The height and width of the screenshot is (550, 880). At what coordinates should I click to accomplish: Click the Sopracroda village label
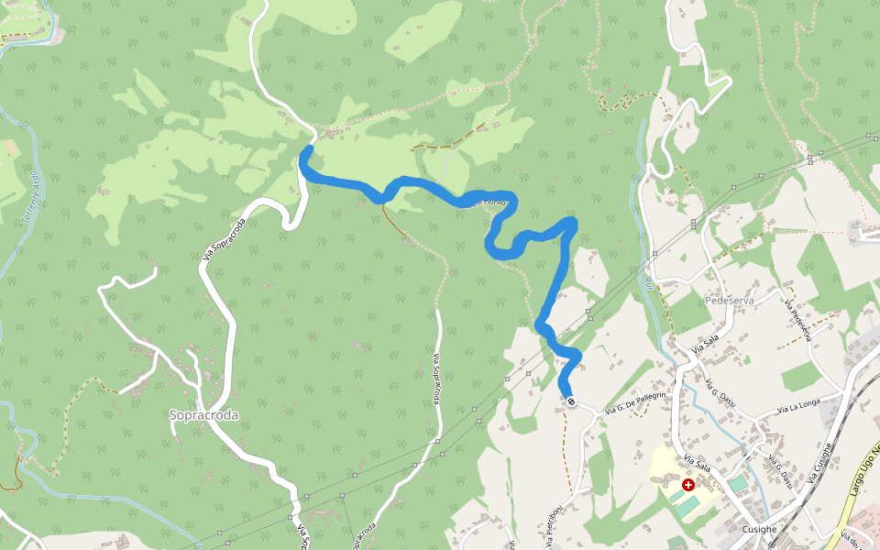[x=203, y=415]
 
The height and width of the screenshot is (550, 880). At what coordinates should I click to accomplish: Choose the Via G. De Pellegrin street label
[x=633, y=404]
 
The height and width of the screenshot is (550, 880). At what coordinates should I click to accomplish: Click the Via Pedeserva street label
[x=797, y=320]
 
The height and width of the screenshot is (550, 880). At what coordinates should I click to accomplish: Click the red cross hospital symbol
[x=687, y=484]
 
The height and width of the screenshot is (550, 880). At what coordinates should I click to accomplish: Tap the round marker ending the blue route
[x=571, y=401]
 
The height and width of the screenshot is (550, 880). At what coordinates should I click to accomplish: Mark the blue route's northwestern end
[x=308, y=149]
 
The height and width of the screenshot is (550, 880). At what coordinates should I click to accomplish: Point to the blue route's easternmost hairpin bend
[x=572, y=222]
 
